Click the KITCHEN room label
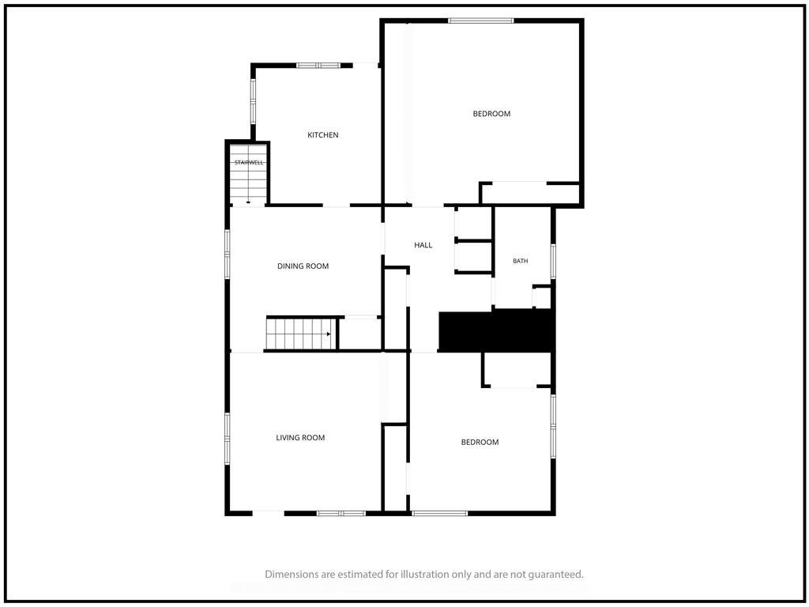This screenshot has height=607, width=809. [x=323, y=134]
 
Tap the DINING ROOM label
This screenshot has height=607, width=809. [x=303, y=266]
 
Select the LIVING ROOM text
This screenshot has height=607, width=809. [x=300, y=438]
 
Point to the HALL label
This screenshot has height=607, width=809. [x=423, y=245]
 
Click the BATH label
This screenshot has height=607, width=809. [x=520, y=261]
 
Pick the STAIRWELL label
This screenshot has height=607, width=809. [x=249, y=163]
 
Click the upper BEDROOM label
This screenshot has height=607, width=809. [x=491, y=114]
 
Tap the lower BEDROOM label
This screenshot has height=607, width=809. [x=480, y=443]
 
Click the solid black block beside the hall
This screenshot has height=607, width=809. [x=496, y=331]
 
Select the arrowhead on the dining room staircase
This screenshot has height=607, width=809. [x=329, y=334]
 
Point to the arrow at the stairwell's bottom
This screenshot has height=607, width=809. [x=248, y=202]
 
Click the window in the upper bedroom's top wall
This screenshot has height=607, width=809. [x=481, y=21]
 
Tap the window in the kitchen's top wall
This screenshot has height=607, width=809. [x=318, y=66]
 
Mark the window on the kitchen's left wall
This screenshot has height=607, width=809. [x=254, y=100]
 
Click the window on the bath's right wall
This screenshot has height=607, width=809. [x=553, y=262]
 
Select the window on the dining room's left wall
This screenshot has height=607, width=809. [x=227, y=254]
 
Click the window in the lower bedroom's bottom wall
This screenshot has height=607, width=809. [x=439, y=513]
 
